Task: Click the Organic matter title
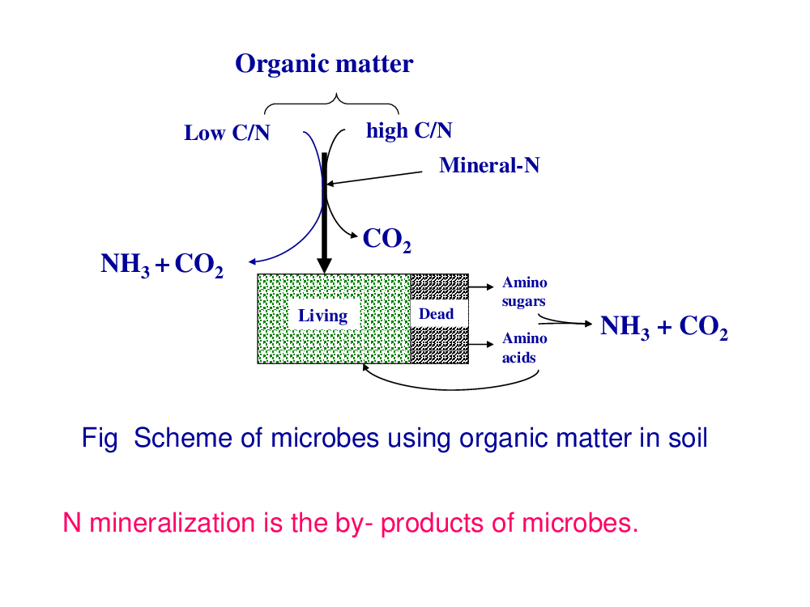[x=324, y=65]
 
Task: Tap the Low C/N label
[x=227, y=133]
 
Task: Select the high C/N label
[x=409, y=130]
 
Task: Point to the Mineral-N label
[x=489, y=165]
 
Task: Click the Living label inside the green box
[x=323, y=316]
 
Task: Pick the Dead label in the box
[x=437, y=314]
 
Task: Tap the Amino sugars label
[x=524, y=291]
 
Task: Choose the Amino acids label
[x=524, y=348]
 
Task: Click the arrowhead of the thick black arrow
[x=324, y=265]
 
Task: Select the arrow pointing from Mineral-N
[x=374, y=178]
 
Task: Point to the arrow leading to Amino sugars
[x=481, y=287]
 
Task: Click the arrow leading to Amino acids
[x=481, y=344]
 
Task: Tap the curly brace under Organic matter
[x=331, y=104]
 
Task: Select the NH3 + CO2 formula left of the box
[x=162, y=265]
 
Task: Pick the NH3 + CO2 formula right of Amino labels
[x=664, y=327]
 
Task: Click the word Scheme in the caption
[x=183, y=438]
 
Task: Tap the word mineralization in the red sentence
[x=173, y=523]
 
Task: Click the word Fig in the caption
[x=100, y=439]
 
